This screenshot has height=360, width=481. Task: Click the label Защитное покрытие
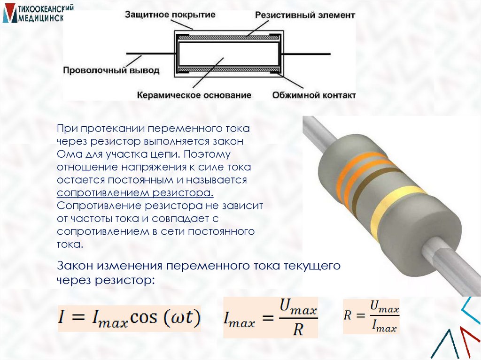pos(170,15)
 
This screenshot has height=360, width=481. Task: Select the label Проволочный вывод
pos(111,71)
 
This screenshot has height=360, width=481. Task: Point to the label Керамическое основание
pos(194,95)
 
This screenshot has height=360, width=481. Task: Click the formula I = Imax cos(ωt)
pos(129,318)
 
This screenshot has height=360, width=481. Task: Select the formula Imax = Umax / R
pos(271,318)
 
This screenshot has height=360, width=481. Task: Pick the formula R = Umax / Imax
pos(371,316)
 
